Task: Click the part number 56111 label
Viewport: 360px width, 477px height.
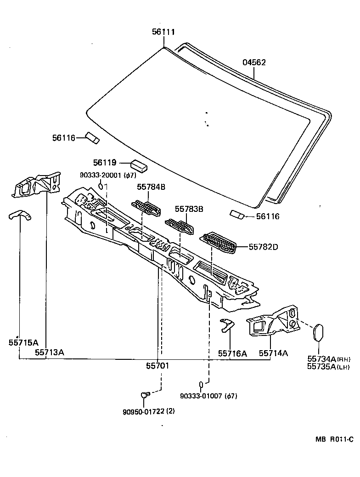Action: click(x=163, y=32)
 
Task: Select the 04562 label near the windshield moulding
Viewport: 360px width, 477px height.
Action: click(x=254, y=62)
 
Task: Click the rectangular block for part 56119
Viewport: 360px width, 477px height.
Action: click(x=139, y=165)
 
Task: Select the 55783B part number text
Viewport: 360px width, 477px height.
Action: click(x=189, y=209)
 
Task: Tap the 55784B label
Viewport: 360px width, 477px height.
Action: click(x=151, y=187)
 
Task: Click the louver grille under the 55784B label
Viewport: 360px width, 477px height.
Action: click(x=147, y=207)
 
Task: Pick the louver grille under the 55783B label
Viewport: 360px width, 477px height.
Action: click(x=180, y=226)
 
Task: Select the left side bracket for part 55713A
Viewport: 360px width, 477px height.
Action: click(x=37, y=184)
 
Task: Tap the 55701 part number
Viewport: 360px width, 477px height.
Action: click(x=157, y=366)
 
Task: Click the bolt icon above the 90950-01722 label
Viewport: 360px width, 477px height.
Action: click(x=145, y=394)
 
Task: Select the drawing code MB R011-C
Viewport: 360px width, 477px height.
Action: click(x=334, y=440)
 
